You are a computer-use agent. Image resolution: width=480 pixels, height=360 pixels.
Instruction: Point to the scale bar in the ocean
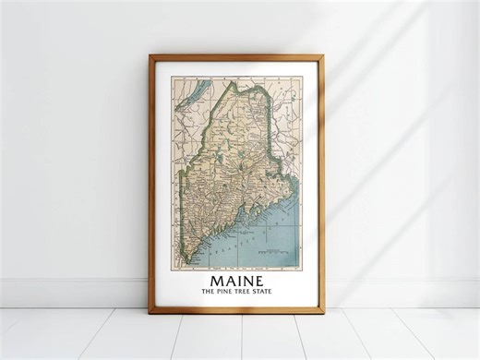[272, 251]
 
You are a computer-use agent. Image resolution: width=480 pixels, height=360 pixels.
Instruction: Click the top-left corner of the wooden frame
[150, 55]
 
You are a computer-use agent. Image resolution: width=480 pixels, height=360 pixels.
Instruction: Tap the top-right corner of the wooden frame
[323, 55]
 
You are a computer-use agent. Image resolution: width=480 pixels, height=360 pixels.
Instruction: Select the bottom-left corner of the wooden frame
[150, 313]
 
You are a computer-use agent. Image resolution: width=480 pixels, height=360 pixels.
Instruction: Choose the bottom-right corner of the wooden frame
[323, 313]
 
